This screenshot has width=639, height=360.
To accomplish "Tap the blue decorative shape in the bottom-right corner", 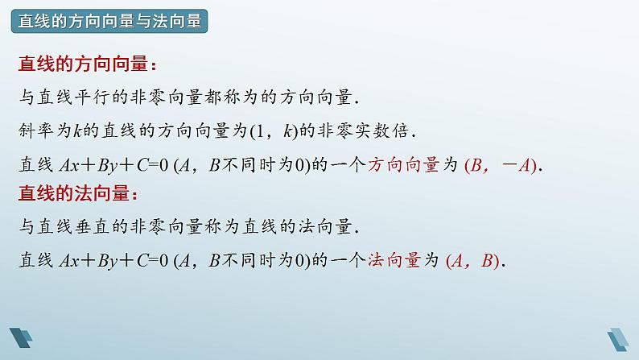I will pyautogui.click(x=620, y=339).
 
